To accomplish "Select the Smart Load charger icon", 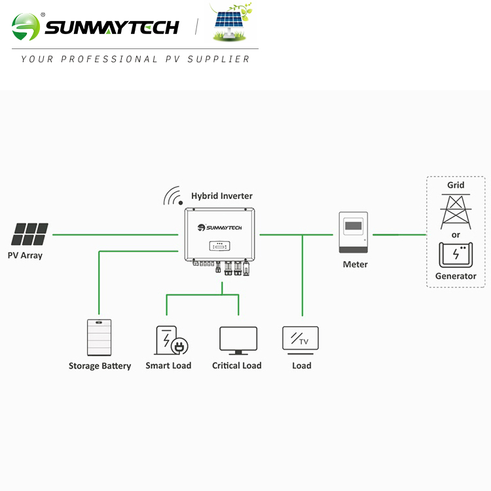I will click(170, 340).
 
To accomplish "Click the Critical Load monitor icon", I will click(238, 340).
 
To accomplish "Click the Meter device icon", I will click(354, 233).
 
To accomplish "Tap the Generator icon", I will click(456, 255).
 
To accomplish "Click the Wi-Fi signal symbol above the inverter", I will click(173, 196).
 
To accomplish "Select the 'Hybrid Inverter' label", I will click(221, 196).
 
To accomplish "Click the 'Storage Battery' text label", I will click(100, 366).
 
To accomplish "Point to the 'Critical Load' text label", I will click(237, 365).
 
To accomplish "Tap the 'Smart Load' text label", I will click(168, 365).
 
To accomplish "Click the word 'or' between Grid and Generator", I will click(456, 234).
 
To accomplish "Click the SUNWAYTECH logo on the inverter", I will click(219, 227).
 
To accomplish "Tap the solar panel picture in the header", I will click(231, 26).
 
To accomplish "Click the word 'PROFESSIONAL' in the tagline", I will click(109, 59).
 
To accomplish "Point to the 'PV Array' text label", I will click(25, 255).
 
